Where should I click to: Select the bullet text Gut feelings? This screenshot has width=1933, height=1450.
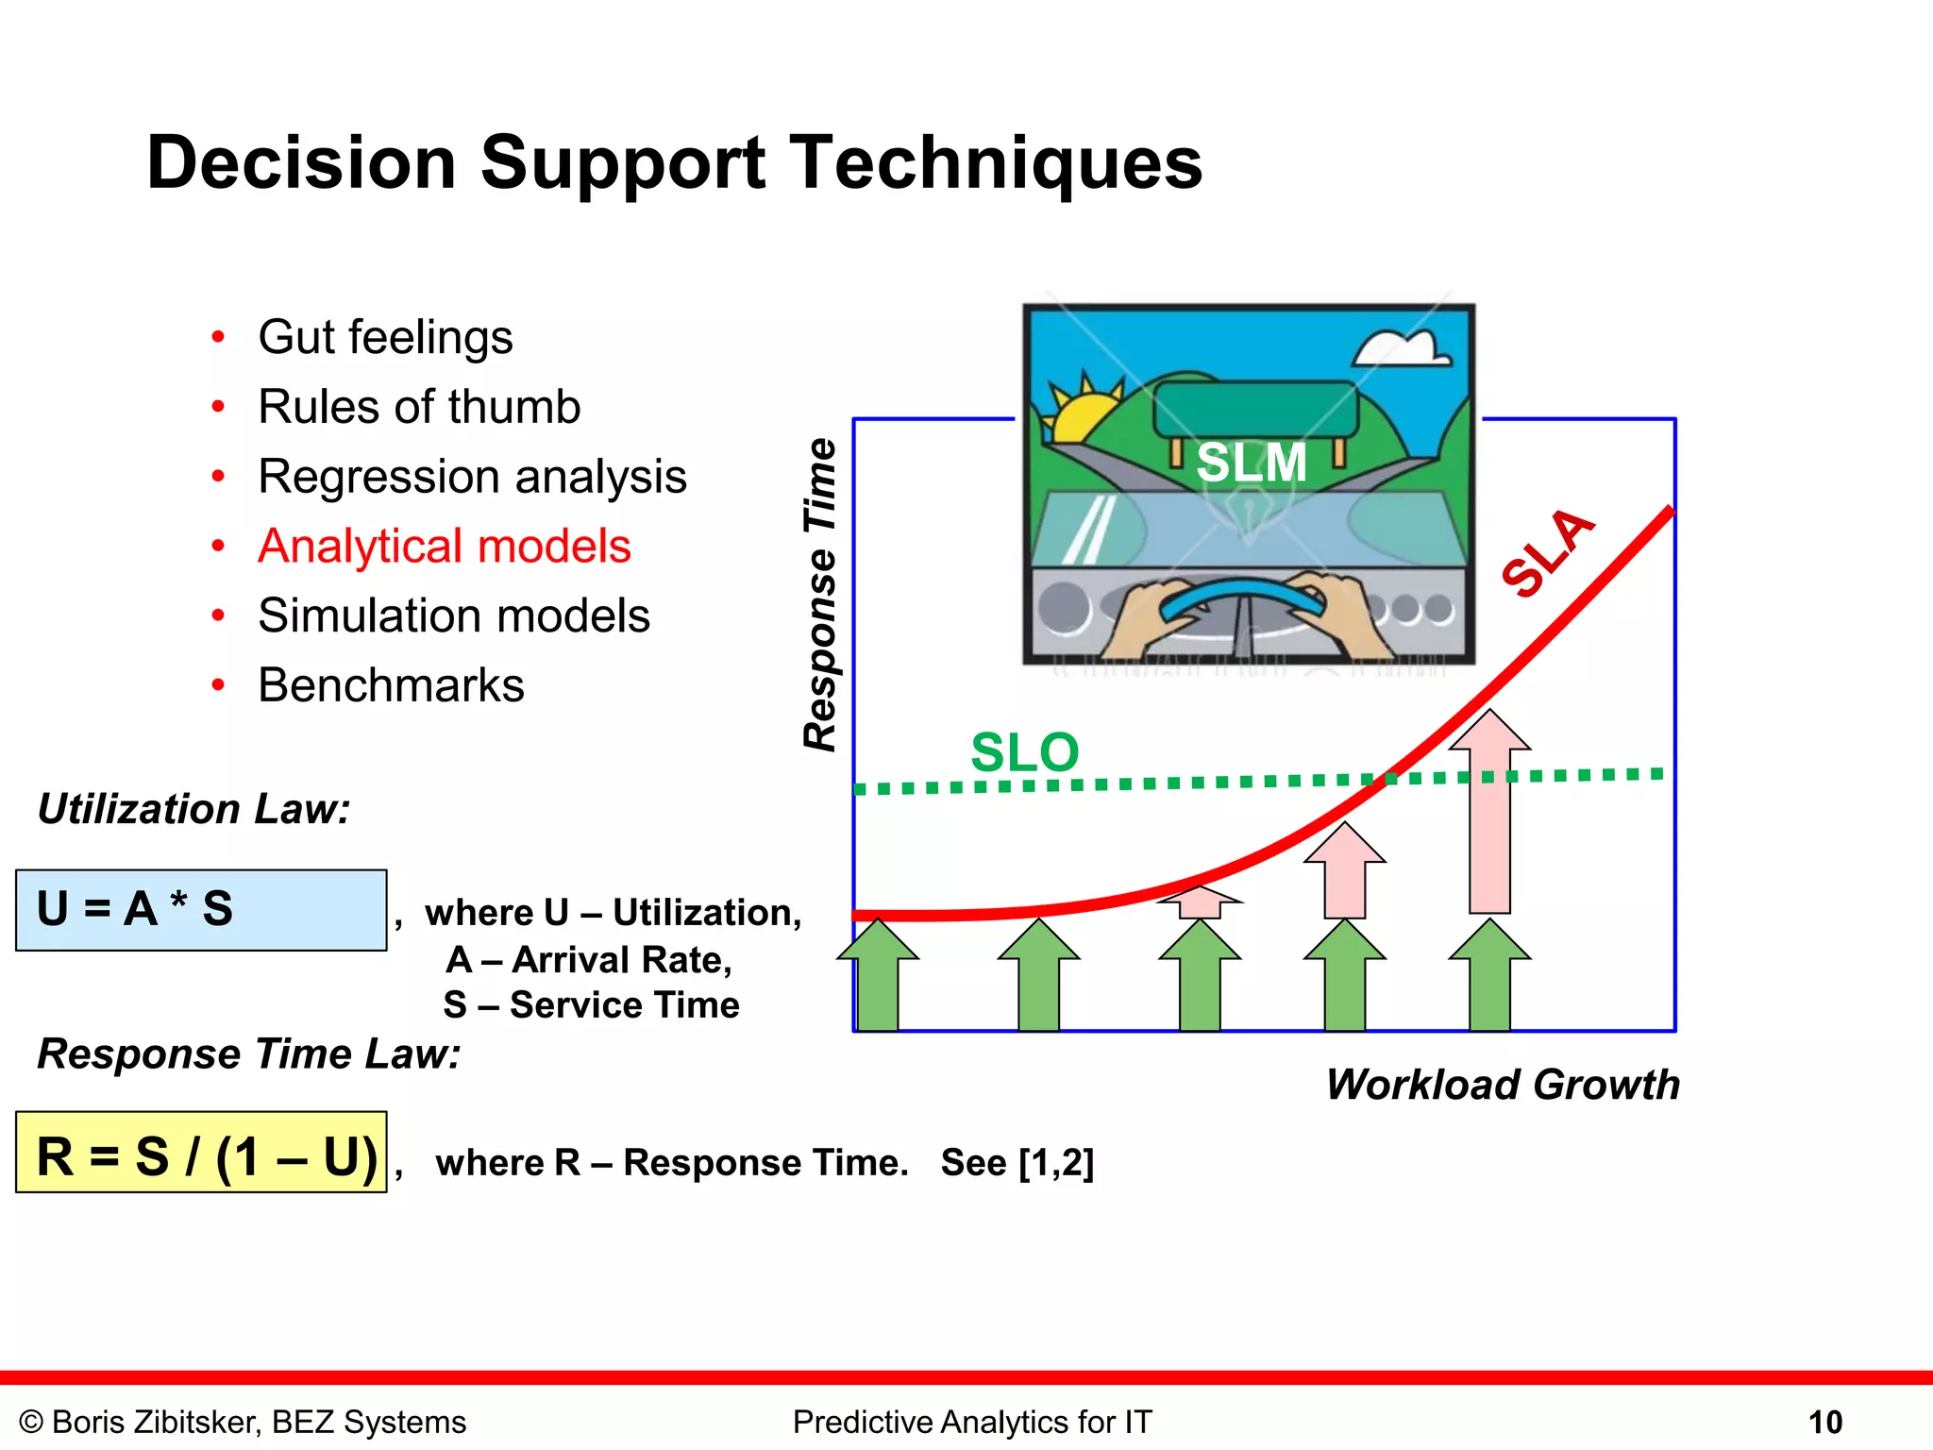click(385, 338)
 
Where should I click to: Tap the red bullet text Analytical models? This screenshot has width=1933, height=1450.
click(444, 547)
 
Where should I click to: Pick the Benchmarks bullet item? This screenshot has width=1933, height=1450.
click(391, 685)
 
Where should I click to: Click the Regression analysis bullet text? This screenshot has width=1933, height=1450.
click(472, 477)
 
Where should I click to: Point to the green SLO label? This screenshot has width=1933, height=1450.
click(1024, 752)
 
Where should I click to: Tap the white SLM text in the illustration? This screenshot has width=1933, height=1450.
click(1251, 463)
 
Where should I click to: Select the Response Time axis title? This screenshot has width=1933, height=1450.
click(820, 595)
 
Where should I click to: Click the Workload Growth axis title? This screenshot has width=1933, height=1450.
click(1503, 1085)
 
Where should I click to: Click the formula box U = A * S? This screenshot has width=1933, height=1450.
click(201, 910)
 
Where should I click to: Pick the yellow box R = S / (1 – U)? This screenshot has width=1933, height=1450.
click(201, 1153)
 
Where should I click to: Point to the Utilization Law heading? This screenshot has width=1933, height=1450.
click(193, 809)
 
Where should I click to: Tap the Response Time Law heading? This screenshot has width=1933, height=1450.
click(249, 1054)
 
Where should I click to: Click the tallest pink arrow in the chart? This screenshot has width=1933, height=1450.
click(1489, 821)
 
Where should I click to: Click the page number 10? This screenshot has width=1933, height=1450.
click(1824, 1423)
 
